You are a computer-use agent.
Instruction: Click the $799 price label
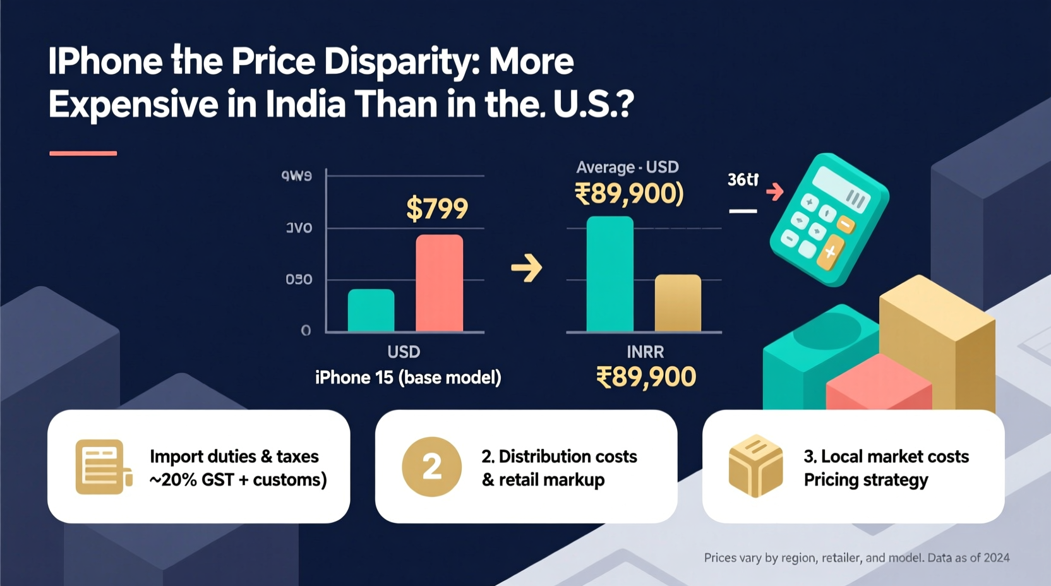(x=436, y=208)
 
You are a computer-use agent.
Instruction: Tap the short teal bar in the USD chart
(x=371, y=310)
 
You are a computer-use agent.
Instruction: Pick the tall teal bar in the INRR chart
(x=610, y=274)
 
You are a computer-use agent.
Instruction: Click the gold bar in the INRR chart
(x=678, y=303)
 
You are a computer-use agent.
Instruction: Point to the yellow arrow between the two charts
(x=527, y=268)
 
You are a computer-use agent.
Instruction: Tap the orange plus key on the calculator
(x=831, y=253)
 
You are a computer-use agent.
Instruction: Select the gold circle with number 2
(x=432, y=467)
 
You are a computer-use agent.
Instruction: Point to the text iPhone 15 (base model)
(x=408, y=378)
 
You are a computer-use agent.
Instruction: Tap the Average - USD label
(x=627, y=167)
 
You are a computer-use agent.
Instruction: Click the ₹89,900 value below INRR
(x=646, y=377)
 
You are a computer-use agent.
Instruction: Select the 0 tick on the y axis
(x=306, y=330)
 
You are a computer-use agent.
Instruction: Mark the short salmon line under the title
(x=83, y=153)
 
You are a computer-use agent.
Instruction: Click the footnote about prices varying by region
(x=856, y=558)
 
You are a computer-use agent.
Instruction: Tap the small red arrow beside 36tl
(x=775, y=191)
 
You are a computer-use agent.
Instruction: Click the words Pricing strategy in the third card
(x=865, y=480)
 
